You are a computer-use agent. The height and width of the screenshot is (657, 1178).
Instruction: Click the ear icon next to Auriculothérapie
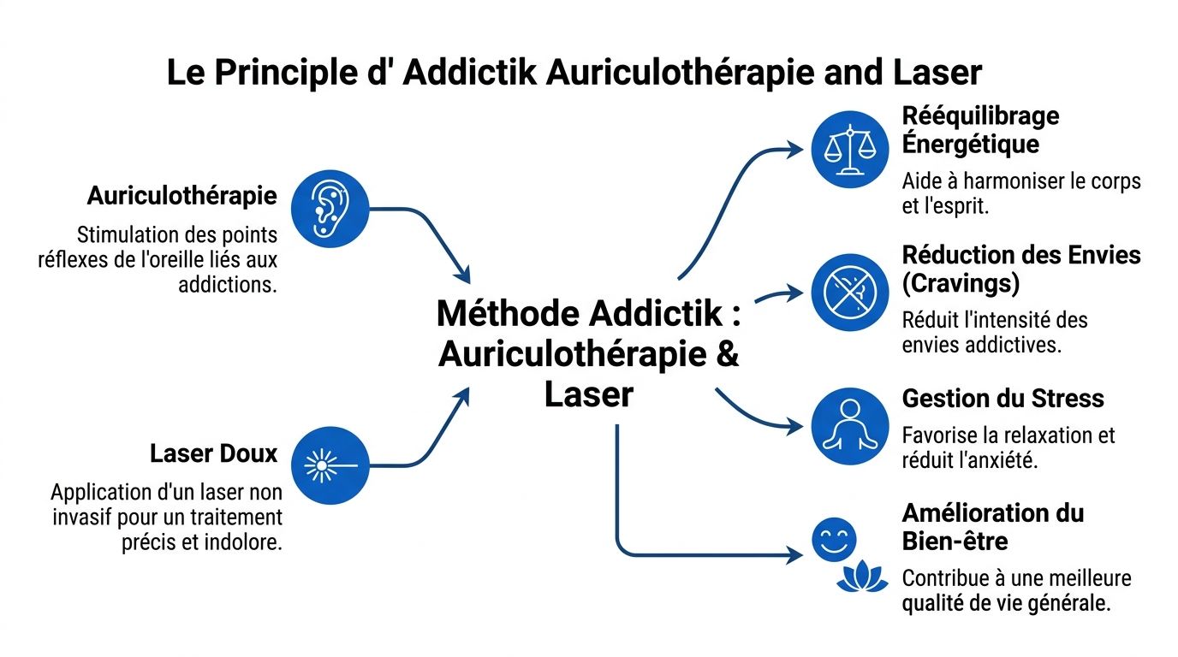coord(330,208)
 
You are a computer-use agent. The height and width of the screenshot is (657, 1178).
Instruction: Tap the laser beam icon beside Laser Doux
coord(330,466)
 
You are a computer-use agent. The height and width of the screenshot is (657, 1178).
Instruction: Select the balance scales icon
coord(850,149)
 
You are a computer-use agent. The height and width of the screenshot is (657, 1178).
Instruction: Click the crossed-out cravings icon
coord(850,293)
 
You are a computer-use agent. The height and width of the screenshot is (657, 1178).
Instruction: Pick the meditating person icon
coord(850,426)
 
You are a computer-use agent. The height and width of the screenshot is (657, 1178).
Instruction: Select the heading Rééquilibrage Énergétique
coord(980,129)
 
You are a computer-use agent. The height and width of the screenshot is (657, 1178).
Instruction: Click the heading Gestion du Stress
coord(1002,399)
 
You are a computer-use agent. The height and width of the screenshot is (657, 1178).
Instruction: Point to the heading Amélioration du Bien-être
coord(992,527)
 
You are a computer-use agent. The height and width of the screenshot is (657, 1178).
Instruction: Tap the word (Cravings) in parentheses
coord(961,283)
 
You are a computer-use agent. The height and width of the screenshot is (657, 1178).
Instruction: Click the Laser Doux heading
coord(214,453)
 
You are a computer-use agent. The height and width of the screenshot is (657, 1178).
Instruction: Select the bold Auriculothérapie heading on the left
coord(182,196)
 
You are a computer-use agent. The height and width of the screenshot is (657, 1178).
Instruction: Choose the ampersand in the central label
coord(727,354)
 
